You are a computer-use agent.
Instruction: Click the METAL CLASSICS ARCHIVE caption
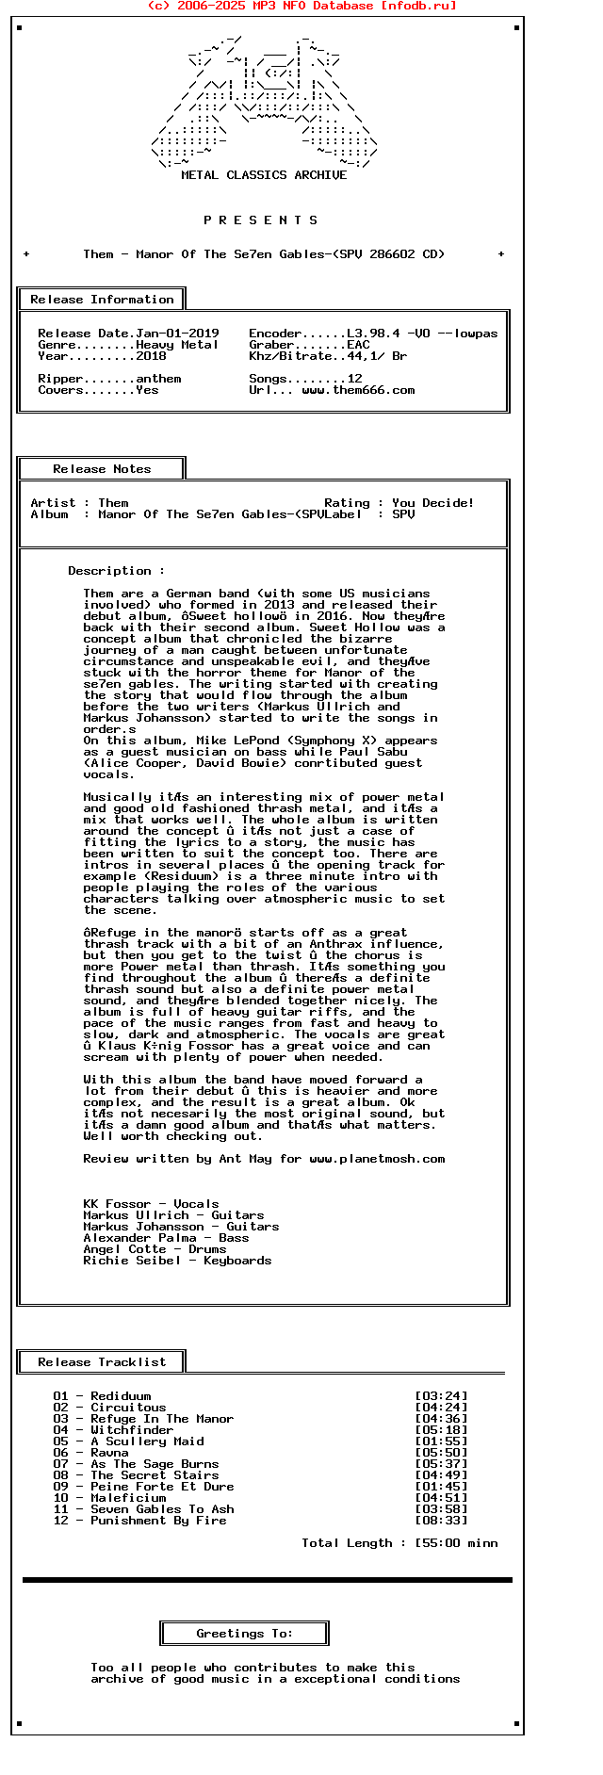[264, 175]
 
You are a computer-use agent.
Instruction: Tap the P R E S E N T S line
[261, 220]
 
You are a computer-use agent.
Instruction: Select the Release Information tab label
[102, 300]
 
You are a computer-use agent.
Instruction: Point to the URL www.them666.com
[358, 390]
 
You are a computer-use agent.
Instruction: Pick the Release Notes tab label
[102, 469]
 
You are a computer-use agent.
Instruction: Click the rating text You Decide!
[433, 503]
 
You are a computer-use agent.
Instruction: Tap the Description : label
[116, 571]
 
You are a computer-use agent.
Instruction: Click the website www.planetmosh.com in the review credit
[377, 1159]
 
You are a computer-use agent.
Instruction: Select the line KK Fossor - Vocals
[151, 1204]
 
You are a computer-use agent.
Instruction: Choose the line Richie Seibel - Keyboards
[177, 1261]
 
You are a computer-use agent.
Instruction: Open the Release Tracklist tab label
[102, 1362]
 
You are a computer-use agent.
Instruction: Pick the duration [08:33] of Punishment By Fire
[441, 1521]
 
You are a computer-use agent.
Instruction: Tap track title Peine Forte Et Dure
[162, 1487]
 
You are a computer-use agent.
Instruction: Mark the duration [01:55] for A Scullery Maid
[441, 1441]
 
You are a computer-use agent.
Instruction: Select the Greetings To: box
[245, 1634]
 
